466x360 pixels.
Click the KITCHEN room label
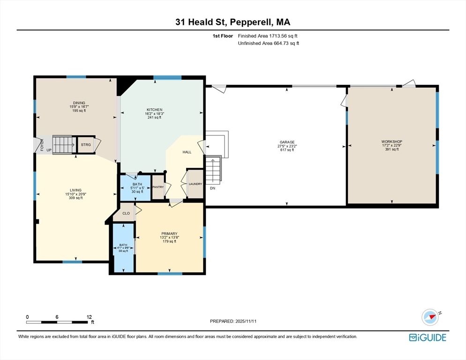pos(155,110)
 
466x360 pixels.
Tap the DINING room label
pos(78,103)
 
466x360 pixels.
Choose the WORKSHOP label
pos(391,142)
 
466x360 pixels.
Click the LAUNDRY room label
pos(195,184)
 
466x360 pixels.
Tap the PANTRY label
pos(158,187)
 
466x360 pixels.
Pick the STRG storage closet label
pos(86,145)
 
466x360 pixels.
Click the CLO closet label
pos(126,213)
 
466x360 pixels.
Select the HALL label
pos(187,152)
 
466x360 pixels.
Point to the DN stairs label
pos(212,188)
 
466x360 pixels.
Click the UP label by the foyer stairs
pos(48,150)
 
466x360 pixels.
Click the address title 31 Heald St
pos(233,22)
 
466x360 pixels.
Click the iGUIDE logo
pos(427,337)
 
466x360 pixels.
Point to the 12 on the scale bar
pos(89,317)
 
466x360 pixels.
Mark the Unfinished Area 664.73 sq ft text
pos(268,43)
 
